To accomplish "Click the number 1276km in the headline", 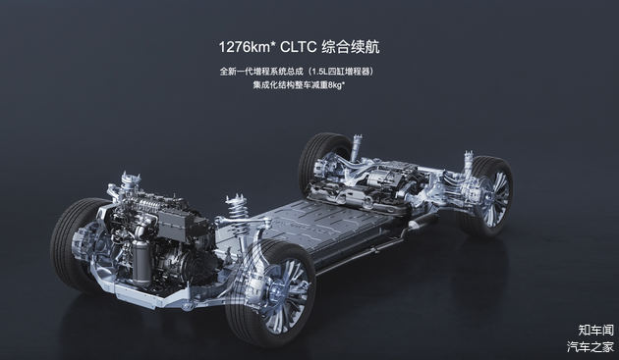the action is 245,47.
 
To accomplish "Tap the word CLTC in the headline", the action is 298,47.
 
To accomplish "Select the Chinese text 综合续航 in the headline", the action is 351,47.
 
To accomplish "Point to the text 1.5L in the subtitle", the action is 317,72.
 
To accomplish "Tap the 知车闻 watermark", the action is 595,330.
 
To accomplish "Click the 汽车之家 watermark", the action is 591,346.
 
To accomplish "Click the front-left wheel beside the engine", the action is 76,244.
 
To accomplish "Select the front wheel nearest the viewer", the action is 270,292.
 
